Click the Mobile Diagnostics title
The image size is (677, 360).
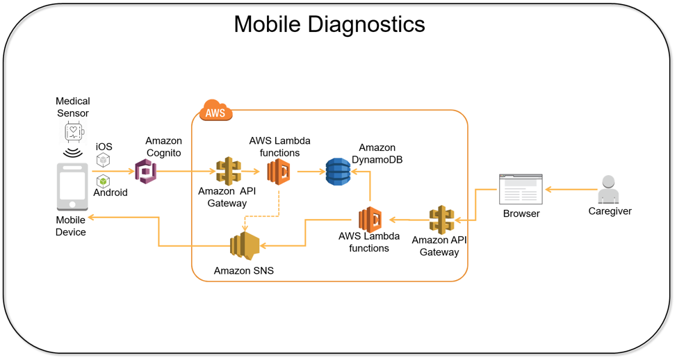pos(329,24)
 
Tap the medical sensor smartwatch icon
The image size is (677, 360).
pos(73,131)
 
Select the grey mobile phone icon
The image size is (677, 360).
pos(72,186)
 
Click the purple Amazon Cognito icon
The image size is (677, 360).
pos(146,171)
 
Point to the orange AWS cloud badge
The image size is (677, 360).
pos(215,111)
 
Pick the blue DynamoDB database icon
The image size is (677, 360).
pos(338,172)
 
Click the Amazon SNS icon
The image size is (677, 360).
pos(245,245)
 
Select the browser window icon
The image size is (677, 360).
pos(521,189)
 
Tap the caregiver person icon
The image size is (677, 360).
pos(608,189)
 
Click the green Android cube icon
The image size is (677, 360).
pos(103,181)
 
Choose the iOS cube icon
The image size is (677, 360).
pos(103,160)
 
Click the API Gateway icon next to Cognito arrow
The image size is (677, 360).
pos(228,171)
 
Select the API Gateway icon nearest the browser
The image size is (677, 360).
pos(441,220)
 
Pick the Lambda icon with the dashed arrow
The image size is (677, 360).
pos(279,171)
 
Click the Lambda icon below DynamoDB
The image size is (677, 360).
pos(370,220)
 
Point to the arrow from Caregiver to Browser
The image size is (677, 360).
pos(571,189)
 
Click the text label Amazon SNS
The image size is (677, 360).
pos(243,271)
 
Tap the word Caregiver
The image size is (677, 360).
pos(610,211)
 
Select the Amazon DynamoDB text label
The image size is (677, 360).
pos(377,154)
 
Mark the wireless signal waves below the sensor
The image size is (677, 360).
pos(72,152)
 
